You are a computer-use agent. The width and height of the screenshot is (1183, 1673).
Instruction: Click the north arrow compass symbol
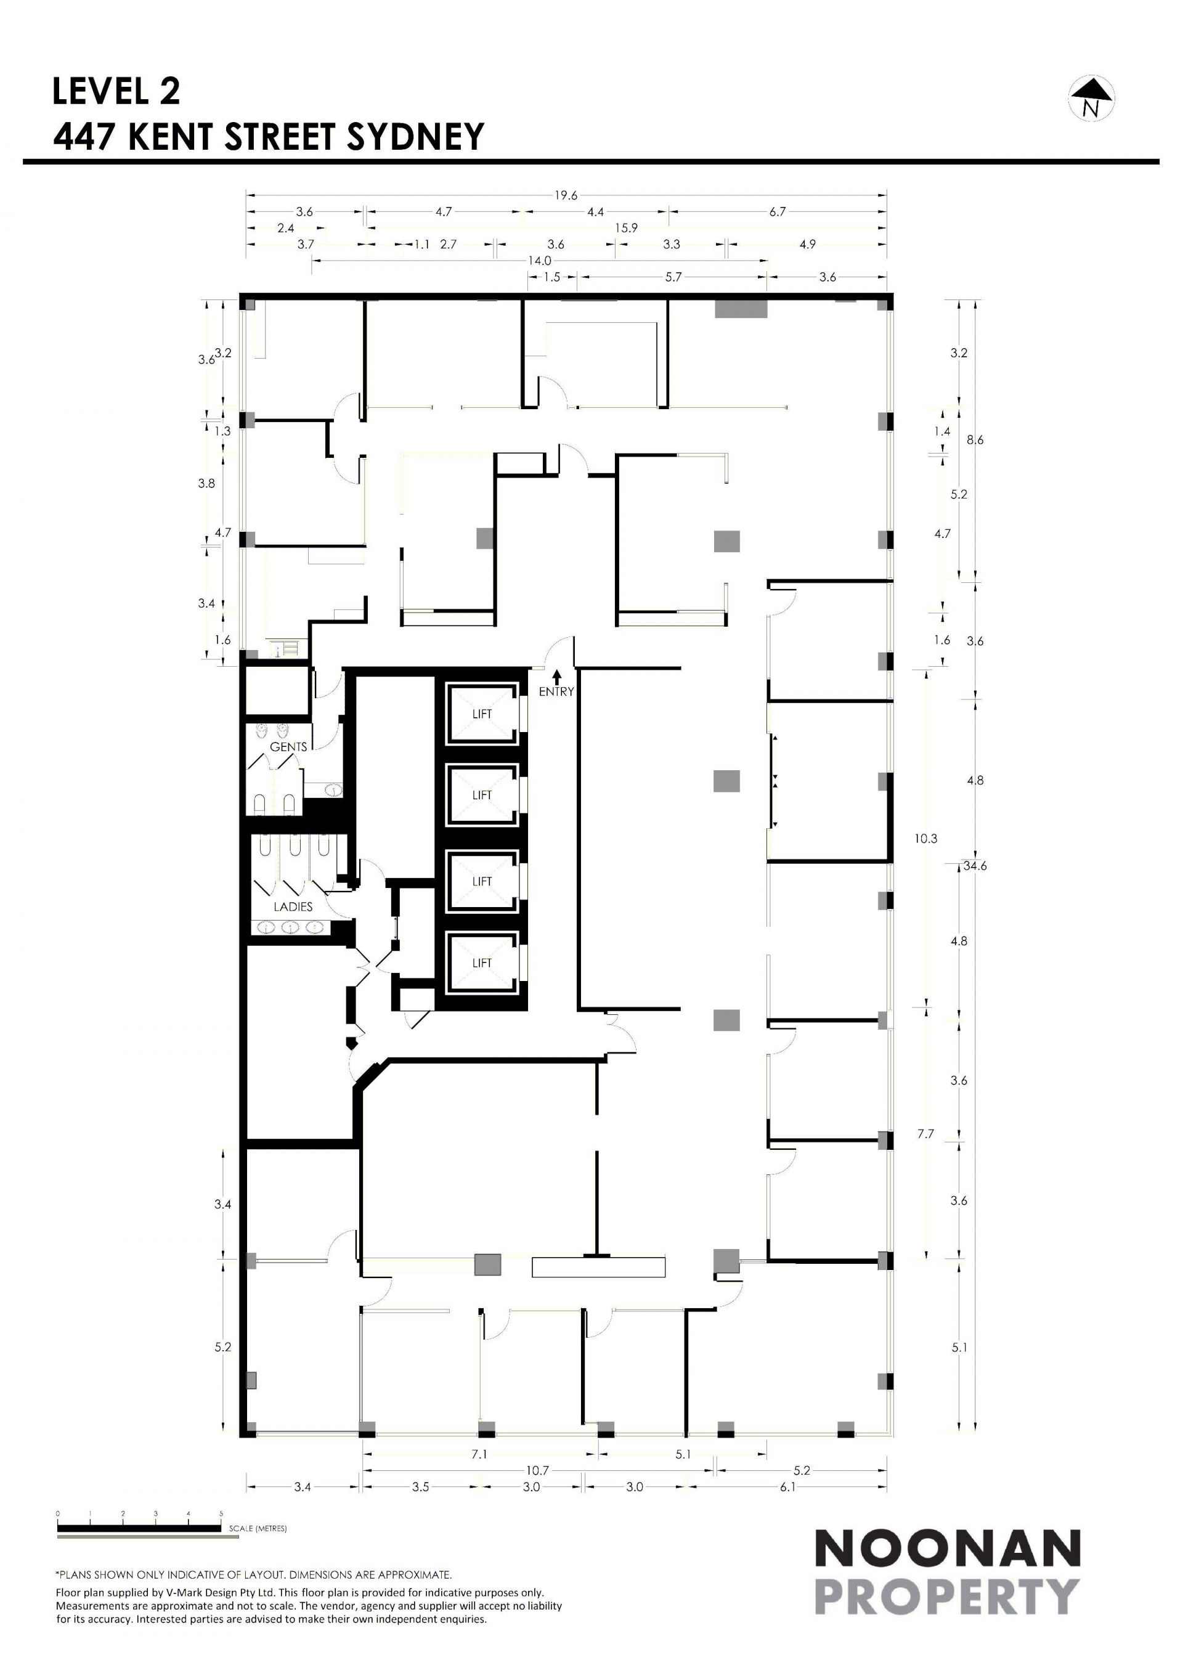click(x=1092, y=99)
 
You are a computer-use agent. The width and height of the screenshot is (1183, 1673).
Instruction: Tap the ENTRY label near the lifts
click(x=556, y=691)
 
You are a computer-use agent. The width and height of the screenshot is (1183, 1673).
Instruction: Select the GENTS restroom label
click(x=288, y=747)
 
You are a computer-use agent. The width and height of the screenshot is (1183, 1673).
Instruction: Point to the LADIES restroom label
click(x=293, y=907)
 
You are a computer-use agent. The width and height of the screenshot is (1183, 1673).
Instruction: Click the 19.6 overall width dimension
click(x=566, y=195)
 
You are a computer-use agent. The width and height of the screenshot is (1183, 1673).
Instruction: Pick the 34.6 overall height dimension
click(x=975, y=866)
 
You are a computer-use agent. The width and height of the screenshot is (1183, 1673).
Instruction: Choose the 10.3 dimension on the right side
click(x=926, y=839)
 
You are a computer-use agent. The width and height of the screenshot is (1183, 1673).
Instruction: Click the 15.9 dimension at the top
click(x=626, y=228)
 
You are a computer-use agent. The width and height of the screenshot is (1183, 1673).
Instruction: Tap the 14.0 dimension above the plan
click(x=540, y=261)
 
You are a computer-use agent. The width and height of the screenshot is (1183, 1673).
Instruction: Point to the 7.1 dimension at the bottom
click(x=479, y=1454)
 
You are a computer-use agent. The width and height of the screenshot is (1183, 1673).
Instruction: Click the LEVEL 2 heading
click(x=116, y=91)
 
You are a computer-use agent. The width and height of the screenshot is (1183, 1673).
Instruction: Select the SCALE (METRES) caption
click(x=258, y=1528)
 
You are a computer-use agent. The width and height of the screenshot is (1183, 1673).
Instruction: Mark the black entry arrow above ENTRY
click(x=556, y=677)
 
